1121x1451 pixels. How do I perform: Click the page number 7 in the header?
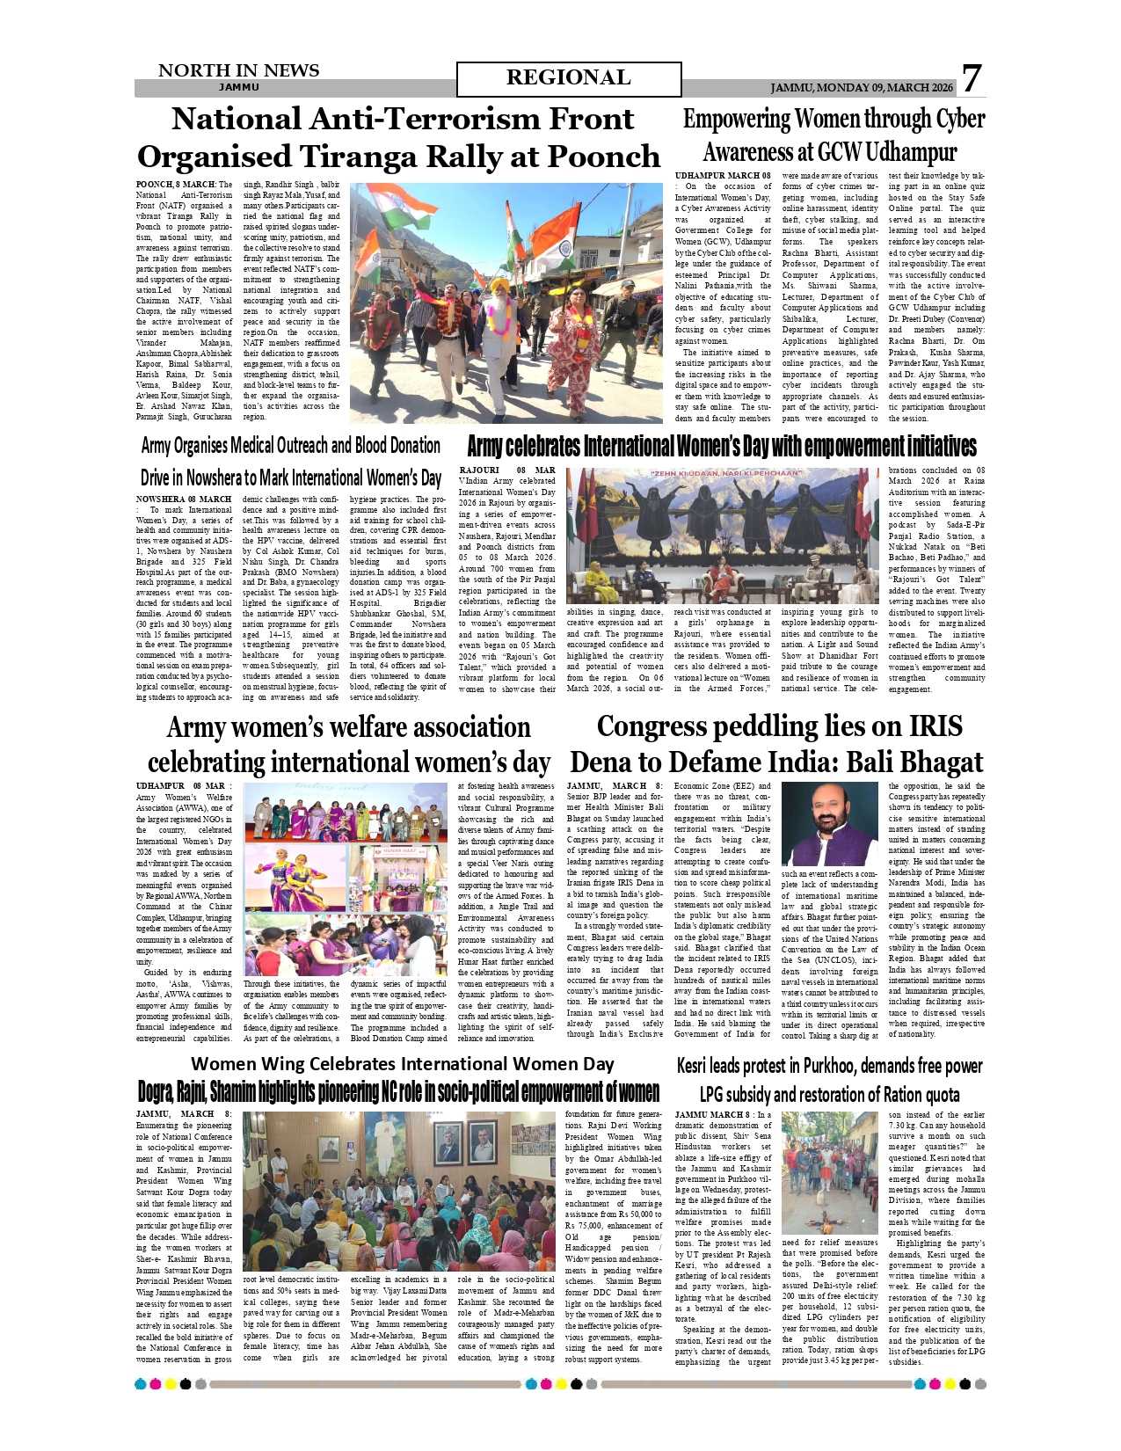pyautogui.click(x=971, y=78)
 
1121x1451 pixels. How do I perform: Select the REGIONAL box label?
pyautogui.click(x=568, y=78)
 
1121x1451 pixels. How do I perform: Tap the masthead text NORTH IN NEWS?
pyautogui.click(x=238, y=70)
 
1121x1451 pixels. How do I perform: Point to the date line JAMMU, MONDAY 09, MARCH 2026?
pyautogui.click(x=862, y=88)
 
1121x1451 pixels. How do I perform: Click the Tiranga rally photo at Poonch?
pyautogui.click(x=506, y=303)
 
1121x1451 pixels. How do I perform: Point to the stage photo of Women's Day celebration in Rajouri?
pyautogui.click(x=722, y=536)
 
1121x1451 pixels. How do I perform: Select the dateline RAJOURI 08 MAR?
pyautogui.click(x=506, y=470)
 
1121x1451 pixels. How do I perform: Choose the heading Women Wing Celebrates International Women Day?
pyautogui.click(x=402, y=1063)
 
